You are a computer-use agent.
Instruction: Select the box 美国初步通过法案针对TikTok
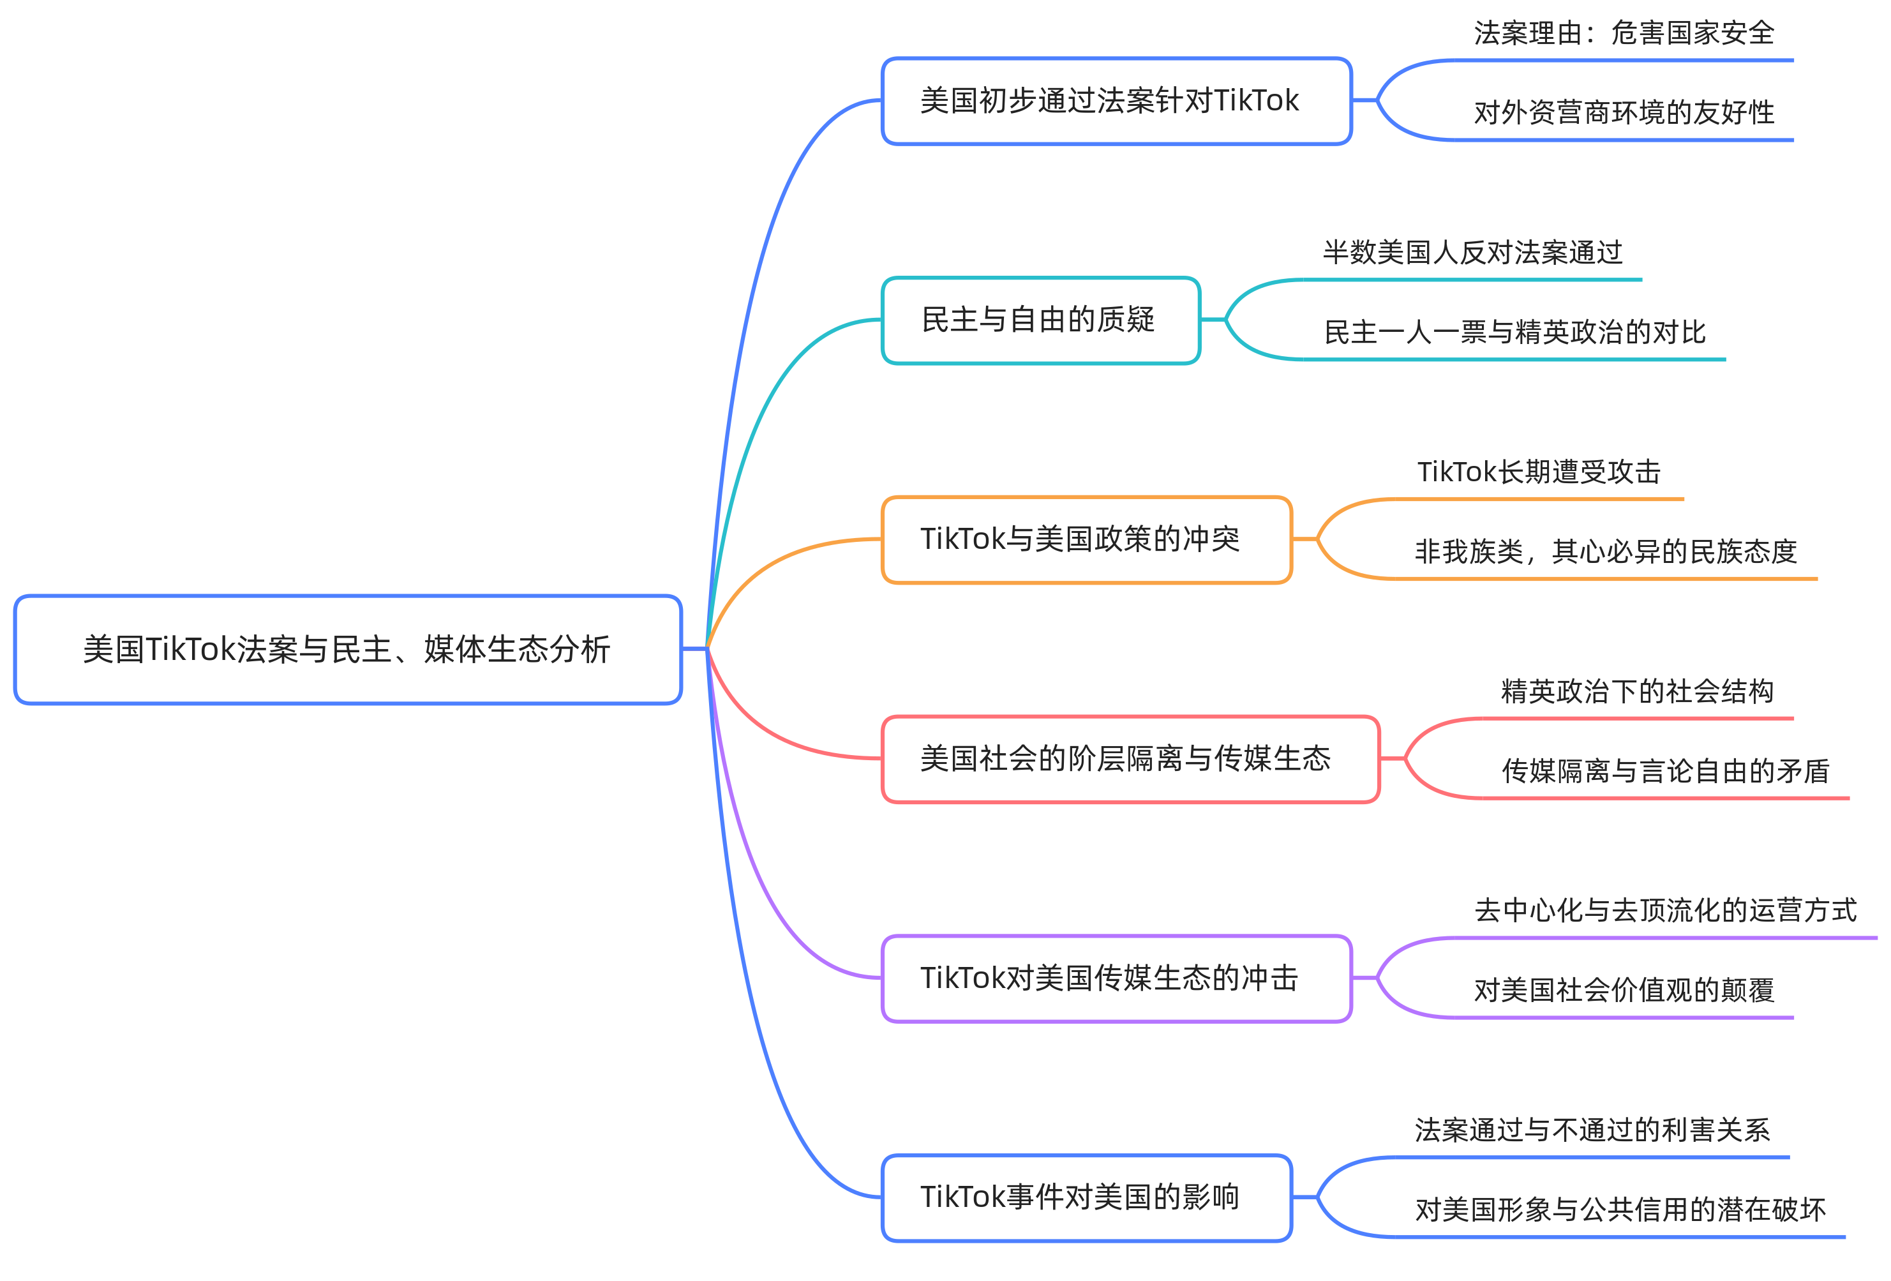coord(1116,101)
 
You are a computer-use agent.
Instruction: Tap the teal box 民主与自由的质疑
coord(1040,320)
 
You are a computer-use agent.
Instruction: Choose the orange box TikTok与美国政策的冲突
coord(1086,539)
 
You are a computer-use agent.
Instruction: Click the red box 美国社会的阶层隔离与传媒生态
coord(1130,758)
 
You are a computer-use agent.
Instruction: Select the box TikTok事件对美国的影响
coord(1086,1197)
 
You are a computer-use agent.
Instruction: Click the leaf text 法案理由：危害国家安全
coord(1624,33)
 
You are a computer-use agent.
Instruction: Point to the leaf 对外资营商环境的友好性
coord(1624,113)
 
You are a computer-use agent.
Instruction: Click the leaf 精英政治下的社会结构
coord(1636,692)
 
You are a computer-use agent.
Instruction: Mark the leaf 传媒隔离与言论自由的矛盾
coord(1665,772)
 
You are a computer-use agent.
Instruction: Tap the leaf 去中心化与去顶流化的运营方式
coord(1665,911)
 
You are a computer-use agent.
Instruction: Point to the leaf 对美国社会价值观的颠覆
coord(1624,991)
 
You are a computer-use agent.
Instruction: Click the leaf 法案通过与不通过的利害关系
coord(1592,1130)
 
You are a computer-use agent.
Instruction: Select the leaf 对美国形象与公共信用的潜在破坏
coord(1619,1210)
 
